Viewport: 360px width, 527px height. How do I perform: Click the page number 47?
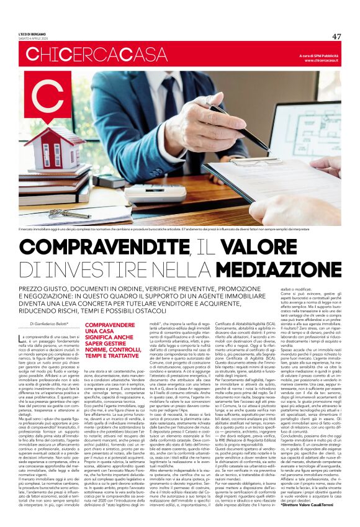pyautogui.click(x=336, y=37)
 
